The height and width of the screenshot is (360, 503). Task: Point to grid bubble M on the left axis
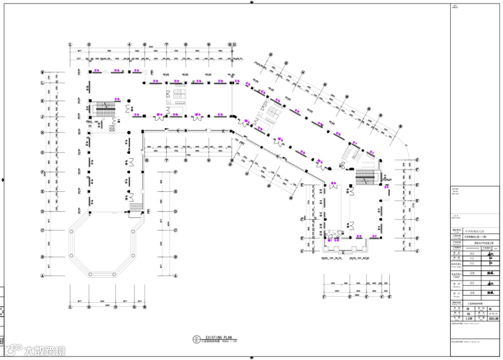click(x=42, y=72)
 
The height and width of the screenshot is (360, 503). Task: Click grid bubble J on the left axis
click(x=42, y=116)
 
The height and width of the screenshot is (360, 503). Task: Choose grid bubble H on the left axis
click(x=42, y=132)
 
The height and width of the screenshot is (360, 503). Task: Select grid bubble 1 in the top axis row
click(x=70, y=45)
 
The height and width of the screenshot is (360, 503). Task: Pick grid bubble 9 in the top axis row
click(x=208, y=45)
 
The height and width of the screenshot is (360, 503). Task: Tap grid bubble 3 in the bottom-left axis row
click(x=115, y=307)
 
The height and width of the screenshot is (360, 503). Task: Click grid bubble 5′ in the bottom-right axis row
click(x=388, y=296)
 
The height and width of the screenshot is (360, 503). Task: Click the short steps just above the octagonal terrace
click(x=135, y=207)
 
